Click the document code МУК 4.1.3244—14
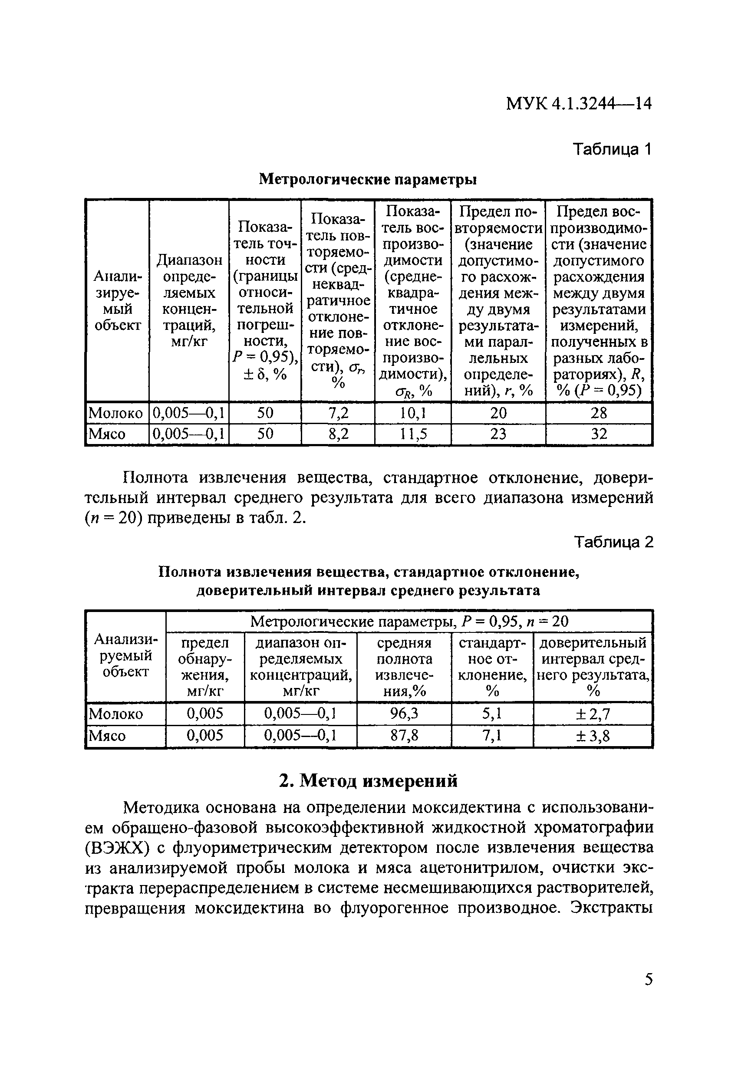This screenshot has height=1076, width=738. point(578,103)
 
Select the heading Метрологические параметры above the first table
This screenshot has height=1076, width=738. point(368,179)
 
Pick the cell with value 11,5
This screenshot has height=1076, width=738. point(412,434)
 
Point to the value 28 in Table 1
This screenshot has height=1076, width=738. point(598,412)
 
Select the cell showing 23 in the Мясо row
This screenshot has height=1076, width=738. point(498,434)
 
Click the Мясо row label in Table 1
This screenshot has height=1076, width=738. point(107,434)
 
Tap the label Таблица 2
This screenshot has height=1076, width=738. point(613,542)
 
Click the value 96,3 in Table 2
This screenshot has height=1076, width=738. point(404,714)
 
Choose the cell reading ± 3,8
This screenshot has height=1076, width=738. point(593,736)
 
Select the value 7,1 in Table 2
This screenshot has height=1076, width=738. point(492,736)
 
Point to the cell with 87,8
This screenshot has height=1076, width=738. point(404,736)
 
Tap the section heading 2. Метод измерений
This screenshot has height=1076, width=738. point(369,780)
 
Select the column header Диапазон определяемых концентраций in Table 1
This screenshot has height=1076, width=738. point(189,301)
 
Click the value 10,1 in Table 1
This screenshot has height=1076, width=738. point(412,412)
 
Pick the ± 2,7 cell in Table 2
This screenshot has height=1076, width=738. point(593,714)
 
